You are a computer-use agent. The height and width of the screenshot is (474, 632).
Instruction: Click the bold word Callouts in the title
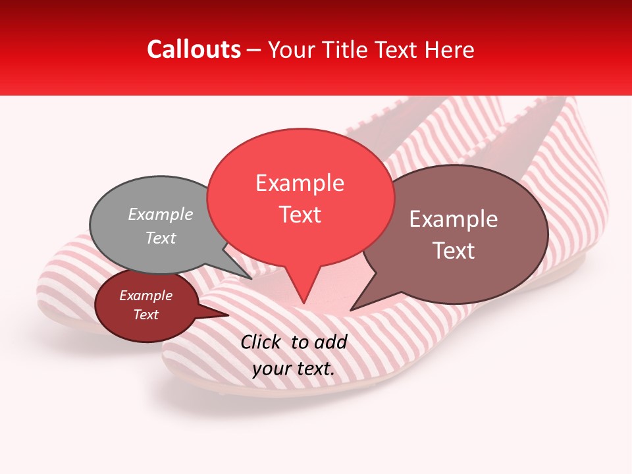pos(194,49)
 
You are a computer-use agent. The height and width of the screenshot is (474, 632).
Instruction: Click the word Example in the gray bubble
pos(161,214)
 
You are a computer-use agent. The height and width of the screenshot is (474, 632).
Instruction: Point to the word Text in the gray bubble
pos(161,238)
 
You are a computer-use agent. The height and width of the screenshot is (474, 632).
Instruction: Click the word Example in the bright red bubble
pos(300,183)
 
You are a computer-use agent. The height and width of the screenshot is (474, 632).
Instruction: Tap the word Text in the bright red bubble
pos(300,215)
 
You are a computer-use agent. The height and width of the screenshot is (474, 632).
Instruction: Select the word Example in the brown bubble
pos(454,219)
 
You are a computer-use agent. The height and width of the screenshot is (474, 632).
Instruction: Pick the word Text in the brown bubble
pos(454,251)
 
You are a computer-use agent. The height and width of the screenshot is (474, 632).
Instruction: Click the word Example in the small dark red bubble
pos(145,296)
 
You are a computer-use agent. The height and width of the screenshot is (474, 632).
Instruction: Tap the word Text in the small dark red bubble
pos(145,315)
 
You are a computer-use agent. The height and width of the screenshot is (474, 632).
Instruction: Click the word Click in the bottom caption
pos(262,342)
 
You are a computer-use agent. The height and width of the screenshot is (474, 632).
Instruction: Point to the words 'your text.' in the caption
pos(294,369)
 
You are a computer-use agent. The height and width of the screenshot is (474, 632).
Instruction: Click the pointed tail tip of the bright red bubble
pos(303,303)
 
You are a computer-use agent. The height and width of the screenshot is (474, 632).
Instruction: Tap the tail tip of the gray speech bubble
pos(251,278)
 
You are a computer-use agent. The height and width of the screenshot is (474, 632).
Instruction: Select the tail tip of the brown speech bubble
pos(351,310)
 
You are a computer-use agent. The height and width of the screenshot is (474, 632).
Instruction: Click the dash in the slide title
pos(254,50)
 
